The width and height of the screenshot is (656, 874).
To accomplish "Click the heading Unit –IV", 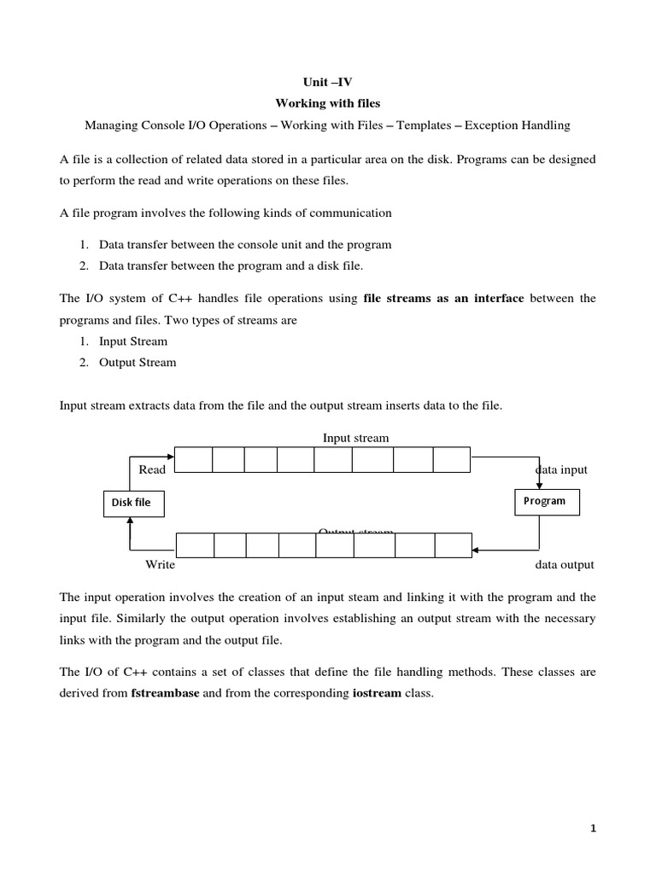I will pos(327,82).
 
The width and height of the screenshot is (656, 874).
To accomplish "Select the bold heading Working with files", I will pos(327,103).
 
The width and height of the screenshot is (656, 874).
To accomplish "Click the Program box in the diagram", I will pos(545,501).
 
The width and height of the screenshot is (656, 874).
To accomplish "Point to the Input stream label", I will pos(355,438).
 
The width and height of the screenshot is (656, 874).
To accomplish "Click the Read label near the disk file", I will pos(152,469).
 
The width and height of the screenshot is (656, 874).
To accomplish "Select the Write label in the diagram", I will pos(160,564).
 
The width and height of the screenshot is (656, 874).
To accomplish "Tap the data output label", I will pos(564,564).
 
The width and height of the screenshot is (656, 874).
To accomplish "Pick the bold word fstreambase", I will pos(166,694).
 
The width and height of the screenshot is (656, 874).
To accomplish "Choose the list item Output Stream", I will pos(138,362).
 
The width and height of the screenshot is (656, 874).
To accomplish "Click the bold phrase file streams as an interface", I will pos(443,299).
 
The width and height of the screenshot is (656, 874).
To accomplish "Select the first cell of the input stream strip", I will pos(193,460).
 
